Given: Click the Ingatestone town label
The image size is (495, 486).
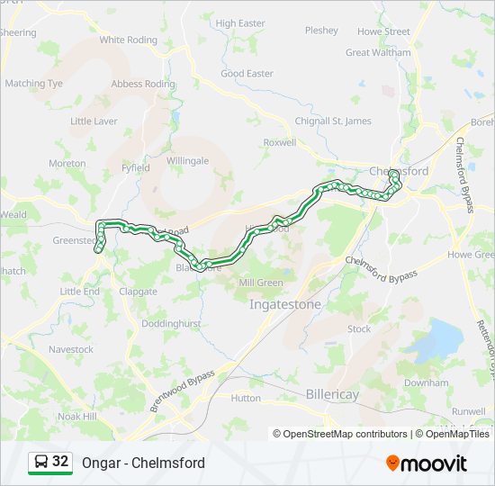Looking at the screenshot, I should (x=284, y=305).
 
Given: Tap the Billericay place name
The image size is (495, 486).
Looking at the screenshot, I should (x=332, y=394).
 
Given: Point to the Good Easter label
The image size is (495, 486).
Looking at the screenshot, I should (x=247, y=74).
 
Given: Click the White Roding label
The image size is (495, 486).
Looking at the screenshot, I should (x=128, y=40).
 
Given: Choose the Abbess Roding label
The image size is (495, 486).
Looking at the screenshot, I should (x=143, y=84).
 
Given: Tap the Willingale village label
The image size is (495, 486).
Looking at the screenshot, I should (x=187, y=161).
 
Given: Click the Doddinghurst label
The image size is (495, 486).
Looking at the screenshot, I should (x=169, y=323).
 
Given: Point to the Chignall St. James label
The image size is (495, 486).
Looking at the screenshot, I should (x=333, y=121).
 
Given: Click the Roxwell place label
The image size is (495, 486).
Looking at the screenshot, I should (x=279, y=142).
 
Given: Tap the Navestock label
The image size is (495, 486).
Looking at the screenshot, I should (x=71, y=349).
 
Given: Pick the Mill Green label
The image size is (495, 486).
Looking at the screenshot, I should (x=261, y=283).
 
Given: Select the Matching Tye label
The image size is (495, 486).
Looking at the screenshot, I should (x=34, y=84).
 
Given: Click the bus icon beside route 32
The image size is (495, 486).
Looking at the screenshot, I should (x=41, y=462).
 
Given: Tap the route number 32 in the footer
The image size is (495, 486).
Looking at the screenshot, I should (x=60, y=462).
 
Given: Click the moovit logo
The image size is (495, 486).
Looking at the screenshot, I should (x=427, y=463).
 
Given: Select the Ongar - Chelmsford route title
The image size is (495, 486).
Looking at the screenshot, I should (x=143, y=463).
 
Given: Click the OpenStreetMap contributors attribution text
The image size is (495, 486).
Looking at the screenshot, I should (x=340, y=434).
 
